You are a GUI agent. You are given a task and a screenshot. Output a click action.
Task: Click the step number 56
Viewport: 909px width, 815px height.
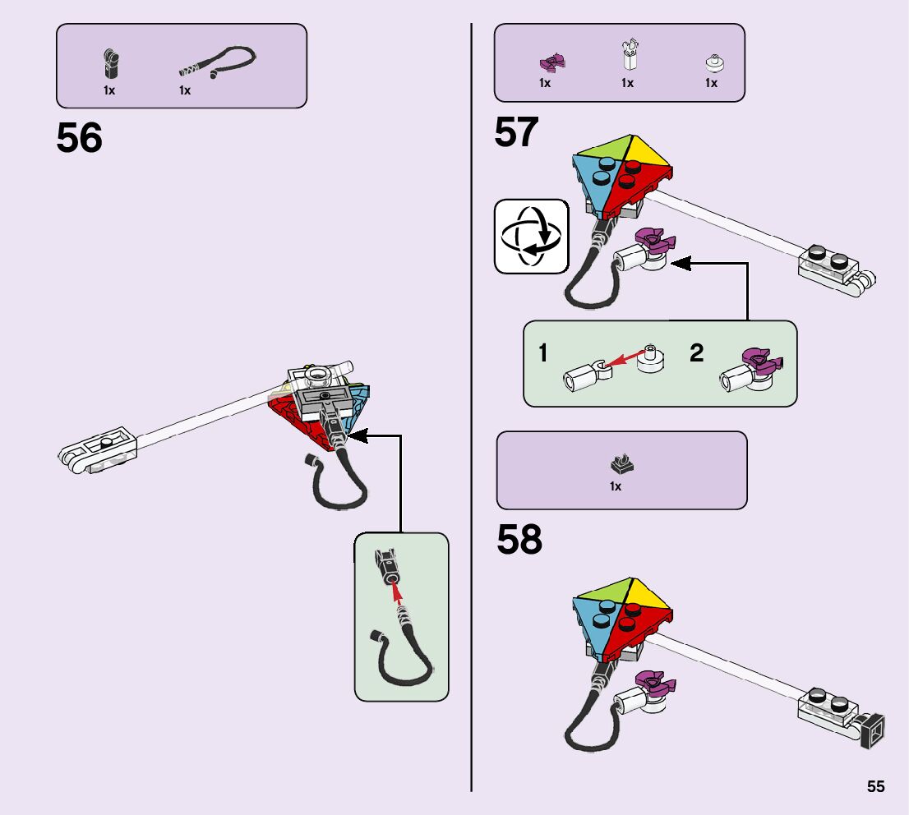coord(80,138)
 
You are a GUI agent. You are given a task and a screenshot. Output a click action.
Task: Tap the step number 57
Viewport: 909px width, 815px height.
coord(516,131)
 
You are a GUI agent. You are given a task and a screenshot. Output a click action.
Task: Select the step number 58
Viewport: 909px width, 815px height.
coord(519,540)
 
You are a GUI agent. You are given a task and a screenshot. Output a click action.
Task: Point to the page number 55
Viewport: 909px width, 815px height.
coord(876,786)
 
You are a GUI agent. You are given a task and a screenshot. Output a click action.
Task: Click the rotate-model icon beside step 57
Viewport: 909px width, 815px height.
coord(532,237)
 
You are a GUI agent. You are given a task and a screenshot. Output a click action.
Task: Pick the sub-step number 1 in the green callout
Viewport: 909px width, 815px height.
coord(543,352)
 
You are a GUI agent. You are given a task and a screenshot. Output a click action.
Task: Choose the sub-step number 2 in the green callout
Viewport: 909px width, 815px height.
coord(697,352)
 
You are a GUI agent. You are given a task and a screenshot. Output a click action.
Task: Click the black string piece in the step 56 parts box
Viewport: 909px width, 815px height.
coord(218,62)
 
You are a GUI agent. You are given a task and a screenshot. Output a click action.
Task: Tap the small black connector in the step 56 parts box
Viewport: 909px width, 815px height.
coord(111,63)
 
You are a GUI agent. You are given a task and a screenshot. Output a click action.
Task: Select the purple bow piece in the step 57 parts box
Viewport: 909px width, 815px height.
coord(552,62)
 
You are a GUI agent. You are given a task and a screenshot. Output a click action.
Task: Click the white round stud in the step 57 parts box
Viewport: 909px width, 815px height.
coord(715,62)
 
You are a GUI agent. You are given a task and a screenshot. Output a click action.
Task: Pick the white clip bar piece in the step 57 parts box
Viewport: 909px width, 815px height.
coord(629,54)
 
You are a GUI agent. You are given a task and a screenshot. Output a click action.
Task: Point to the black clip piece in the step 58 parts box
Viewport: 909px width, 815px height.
coord(621,464)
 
